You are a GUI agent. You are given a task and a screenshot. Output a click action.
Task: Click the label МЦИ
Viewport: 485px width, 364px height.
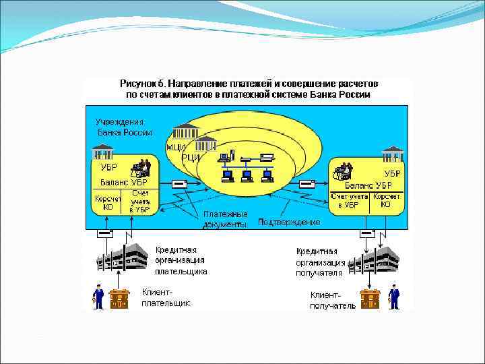tap(176, 148)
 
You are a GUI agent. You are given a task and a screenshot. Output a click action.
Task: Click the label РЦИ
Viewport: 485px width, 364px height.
tap(191, 157)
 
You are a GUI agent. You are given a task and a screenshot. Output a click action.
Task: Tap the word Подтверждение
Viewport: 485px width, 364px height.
tap(289, 222)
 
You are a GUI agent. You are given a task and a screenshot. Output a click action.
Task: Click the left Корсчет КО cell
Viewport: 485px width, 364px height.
tap(107, 203)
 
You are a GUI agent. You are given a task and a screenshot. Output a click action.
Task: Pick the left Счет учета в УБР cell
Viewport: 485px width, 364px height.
tap(139, 202)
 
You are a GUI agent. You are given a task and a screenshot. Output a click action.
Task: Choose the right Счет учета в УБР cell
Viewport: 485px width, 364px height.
tap(349, 200)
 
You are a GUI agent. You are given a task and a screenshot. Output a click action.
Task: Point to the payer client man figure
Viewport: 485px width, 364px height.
tap(98, 297)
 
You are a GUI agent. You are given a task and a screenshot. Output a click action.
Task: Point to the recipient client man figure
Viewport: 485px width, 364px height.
tap(394, 297)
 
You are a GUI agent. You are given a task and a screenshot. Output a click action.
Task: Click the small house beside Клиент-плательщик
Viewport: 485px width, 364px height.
tap(119, 298)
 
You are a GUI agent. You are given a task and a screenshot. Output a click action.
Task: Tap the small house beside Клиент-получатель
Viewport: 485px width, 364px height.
tap(370, 298)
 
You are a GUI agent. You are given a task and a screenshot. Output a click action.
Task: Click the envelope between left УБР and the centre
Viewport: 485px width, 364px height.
tap(180, 184)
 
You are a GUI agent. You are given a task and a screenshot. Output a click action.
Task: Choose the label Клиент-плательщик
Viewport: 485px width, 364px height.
tap(166, 297)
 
